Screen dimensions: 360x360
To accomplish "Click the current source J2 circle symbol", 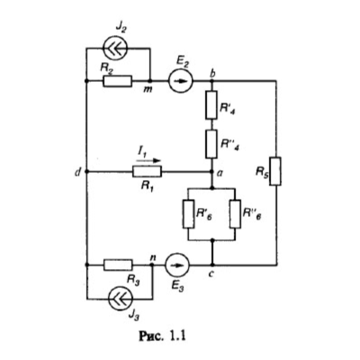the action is pos(116,49).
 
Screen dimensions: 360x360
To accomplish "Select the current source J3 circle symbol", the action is pos(121,299).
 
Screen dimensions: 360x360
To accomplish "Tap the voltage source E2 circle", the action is pos(181,81).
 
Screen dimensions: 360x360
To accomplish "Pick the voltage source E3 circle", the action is pos(177,265).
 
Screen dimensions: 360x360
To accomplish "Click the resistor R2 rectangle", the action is pos(117,81).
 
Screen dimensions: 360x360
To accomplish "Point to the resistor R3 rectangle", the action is pos(118,265).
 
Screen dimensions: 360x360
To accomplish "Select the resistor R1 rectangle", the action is pos(147,172).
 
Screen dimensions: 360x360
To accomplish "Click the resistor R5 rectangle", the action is pos(275,171).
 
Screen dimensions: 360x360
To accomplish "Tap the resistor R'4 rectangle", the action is pos(211,104).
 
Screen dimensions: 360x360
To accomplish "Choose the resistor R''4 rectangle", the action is pos(211,144).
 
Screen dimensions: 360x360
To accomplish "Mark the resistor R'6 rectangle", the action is pos(188,214).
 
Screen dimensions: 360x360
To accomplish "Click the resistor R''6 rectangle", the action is pos(236,214).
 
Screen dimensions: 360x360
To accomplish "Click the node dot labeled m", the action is pos(150,81).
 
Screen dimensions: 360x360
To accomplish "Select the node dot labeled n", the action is pos(152,265).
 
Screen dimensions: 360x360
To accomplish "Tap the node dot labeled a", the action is pos(211,172).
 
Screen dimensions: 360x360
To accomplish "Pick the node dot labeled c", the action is pos(212,265).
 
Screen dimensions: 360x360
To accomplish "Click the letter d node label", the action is pos(78,172).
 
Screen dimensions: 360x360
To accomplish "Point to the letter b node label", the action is pos(213,74).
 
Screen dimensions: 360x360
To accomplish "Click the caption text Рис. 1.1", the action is pos(162,336).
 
